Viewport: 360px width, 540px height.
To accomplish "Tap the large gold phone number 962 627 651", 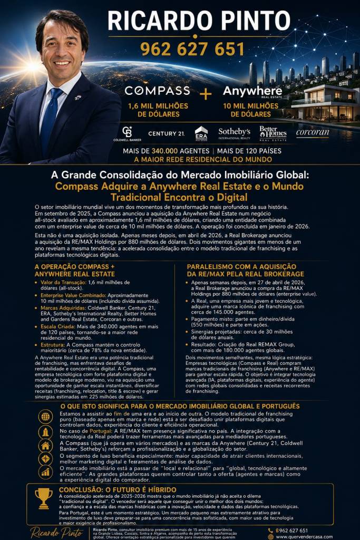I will coord(192,49).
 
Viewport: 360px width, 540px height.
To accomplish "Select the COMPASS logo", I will coord(157,91).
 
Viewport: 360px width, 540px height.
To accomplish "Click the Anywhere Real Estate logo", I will coord(252,92).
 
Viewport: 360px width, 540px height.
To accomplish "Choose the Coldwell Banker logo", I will coord(127,134).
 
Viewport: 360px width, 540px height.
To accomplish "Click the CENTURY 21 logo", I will coord(166,133).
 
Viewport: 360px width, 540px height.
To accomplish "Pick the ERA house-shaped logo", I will coord(201,133).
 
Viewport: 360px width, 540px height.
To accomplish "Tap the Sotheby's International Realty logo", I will coord(234,133).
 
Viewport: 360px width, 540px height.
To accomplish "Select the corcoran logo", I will coord(313,133).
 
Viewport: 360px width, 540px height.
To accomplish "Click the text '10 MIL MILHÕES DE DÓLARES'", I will coord(251,110).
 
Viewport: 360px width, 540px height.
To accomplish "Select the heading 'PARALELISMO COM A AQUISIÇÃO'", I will coord(245,267).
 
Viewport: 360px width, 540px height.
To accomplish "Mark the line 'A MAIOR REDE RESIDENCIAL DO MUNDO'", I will coord(195,159).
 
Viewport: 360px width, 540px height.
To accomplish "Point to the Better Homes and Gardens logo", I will coord(272,133).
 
